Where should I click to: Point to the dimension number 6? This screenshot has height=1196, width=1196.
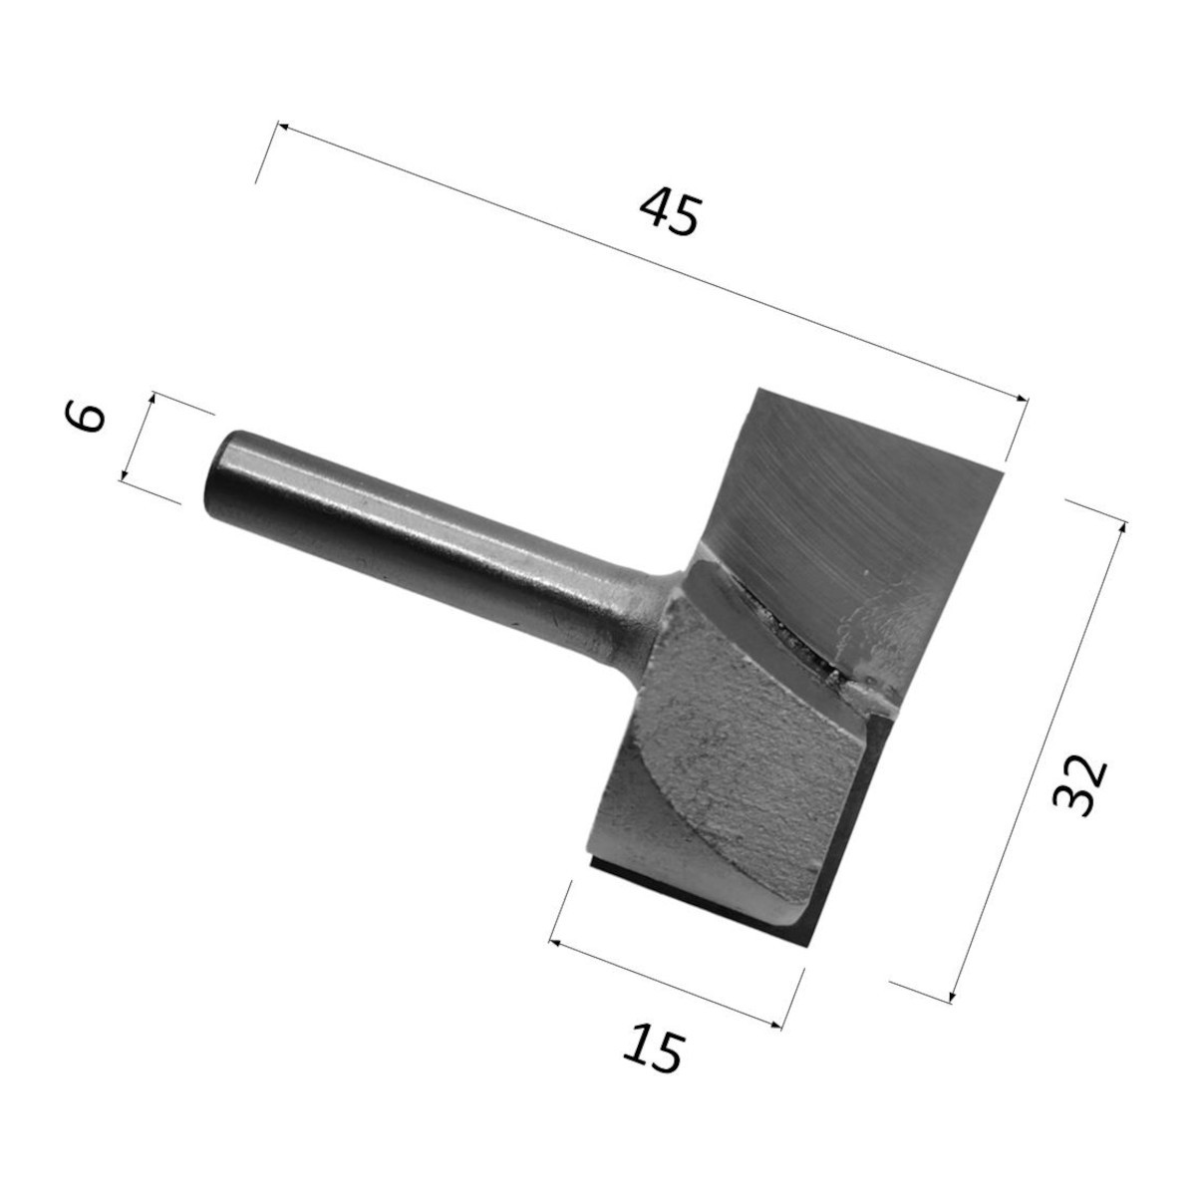tap(85, 418)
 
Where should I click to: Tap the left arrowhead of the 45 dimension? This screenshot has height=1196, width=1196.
tap(282, 127)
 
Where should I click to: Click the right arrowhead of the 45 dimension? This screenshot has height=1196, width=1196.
tap(1021, 399)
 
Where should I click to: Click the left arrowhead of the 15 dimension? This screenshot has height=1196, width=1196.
tap(555, 942)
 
